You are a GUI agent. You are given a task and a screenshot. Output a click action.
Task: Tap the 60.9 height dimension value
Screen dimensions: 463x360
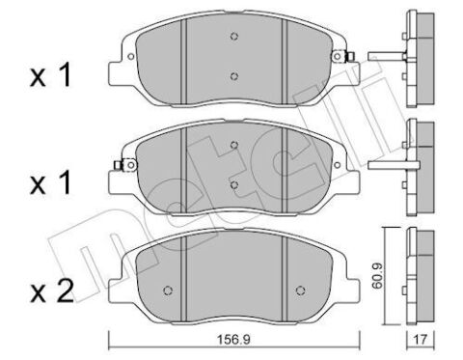[x=378, y=275]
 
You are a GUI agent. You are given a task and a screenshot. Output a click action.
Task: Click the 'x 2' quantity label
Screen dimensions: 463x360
[x=52, y=292]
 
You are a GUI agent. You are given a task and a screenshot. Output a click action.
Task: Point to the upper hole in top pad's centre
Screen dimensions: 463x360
[x=234, y=37]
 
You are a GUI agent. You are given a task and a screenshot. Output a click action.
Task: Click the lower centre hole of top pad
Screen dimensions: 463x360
[x=234, y=76]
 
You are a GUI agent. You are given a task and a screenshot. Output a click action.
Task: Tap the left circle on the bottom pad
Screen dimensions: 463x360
[x=168, y=291]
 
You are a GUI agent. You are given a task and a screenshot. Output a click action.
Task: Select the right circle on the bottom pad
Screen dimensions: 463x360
[x=300, y=291]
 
